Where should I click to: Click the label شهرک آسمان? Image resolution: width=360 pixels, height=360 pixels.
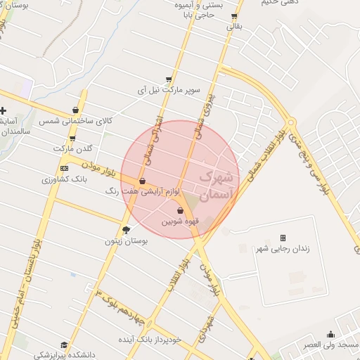pyautogui.click(x=217, y=184)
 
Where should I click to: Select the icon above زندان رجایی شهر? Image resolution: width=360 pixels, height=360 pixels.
pyautogui.click(x=283, y=238)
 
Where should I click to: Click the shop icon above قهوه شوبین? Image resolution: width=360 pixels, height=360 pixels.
pyautogui.click(x=180, y=210)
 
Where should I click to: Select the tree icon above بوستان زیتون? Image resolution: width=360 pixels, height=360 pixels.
pyautogui.click(x=127, y=229)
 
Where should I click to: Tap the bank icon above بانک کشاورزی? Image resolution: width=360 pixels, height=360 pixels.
pyautogui.click(x=65, y=169)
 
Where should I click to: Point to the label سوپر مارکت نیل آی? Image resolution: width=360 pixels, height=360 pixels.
pyautogui.click(x=169, y=91)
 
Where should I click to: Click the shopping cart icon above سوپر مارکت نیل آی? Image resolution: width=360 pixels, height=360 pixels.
pyautogui.click(x=169, y=79)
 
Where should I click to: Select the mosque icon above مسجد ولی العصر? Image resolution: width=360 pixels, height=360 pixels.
pyautogui.click(x=330, y=335)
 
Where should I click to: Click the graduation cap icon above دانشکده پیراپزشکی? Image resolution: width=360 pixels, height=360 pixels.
pyautogui.click(x=65, y=345)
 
